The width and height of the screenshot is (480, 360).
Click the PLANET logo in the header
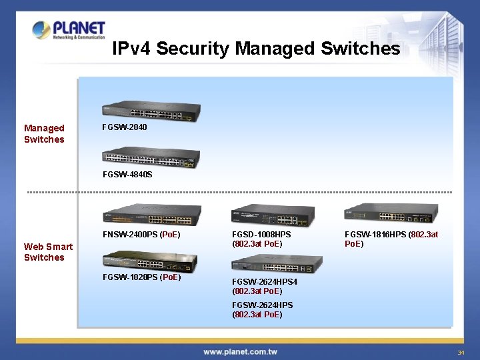[x=69, y=31]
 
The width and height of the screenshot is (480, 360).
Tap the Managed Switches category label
[x=44, y=133]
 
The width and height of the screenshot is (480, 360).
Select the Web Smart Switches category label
[x=48, y=252]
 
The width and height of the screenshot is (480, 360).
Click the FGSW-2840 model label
[x=125, y=127]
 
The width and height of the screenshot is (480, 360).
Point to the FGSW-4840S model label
[x=127, y=175]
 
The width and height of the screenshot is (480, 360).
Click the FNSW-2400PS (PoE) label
[x=141, y=235]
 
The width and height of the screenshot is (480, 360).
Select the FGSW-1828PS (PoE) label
[x=141, y=277]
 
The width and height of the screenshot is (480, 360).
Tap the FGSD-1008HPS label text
[x=261, y=235]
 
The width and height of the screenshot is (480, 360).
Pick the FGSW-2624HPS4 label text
[x=265, y=282]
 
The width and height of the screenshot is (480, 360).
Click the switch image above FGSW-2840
[x=151, y=113]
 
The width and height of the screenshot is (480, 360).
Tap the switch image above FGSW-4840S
[x=151, y=157]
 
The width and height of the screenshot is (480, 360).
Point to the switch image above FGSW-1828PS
[x=150, y=262]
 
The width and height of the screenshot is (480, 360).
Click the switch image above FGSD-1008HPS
[x=272, y=215]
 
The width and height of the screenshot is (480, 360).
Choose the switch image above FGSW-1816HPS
[x=391, y=213]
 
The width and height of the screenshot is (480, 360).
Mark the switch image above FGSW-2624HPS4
[x=271, y=263]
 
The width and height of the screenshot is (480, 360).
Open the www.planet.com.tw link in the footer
[x=240, y=351]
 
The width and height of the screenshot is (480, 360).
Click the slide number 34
[x=460, y=352]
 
